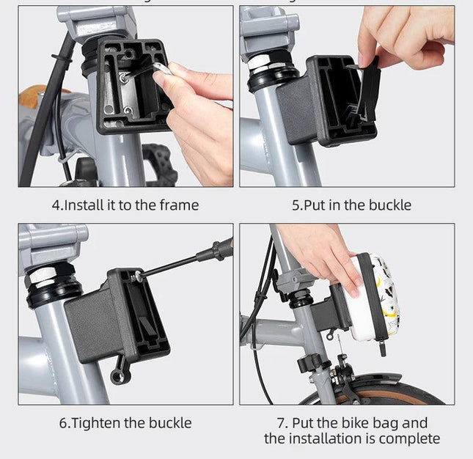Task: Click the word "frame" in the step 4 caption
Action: (179, 205)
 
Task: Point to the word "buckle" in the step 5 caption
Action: (390, 205)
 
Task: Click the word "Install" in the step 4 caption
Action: (84, 205)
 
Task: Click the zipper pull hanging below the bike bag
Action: (383, 348)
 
